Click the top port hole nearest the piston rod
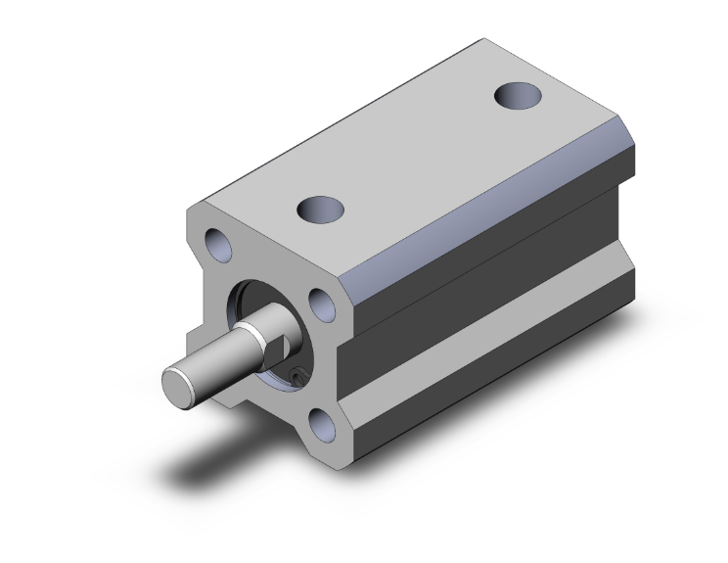(322, 209)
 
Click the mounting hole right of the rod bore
(323, 304)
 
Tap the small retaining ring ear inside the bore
(298, 373)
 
